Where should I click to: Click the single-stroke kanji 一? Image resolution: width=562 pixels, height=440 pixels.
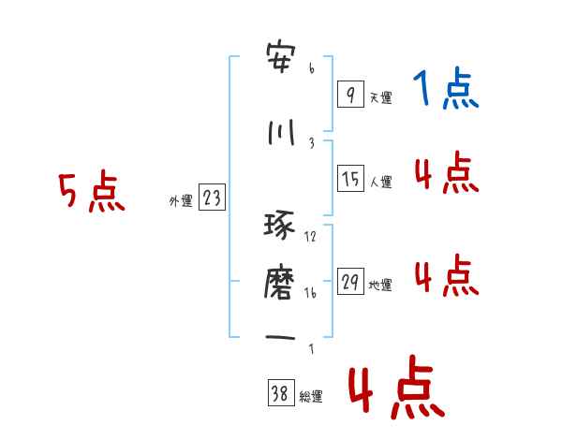click(281, 338)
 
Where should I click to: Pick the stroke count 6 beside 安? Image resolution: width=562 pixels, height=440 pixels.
click(311, 68)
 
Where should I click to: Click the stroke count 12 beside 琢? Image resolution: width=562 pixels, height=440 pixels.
click(311, 236)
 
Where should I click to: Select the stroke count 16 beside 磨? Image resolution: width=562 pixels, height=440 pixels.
click(311, 293)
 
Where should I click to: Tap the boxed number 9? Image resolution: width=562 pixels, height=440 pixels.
click(349, 94)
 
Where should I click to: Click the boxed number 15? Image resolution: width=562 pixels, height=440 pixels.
click(350, 179)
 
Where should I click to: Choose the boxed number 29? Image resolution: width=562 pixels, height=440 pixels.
click(350, 282)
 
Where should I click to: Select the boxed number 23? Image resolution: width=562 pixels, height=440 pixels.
click(212, 198)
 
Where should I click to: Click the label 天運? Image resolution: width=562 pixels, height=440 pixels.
click(379, 97)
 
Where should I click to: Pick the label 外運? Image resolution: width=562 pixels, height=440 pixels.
click(180, 201)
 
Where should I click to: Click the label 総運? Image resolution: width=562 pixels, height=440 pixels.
click(311, 397)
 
